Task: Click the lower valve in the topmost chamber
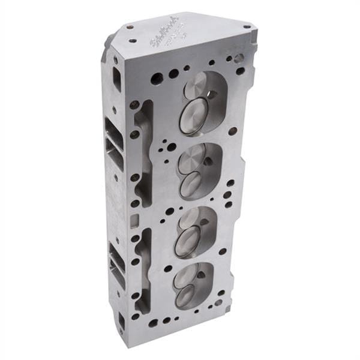pos(193,115)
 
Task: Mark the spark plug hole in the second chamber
pos(208,161)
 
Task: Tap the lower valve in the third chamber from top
pos(187,241)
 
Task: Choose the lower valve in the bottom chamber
pos(185,294)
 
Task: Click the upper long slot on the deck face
pos(145,152)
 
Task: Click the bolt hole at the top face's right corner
pos(246,27)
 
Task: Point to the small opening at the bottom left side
pos(122,322)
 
